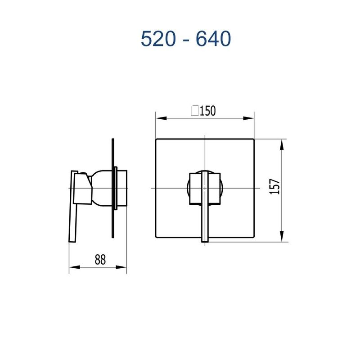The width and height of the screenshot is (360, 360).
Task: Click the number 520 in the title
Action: coord(158,39)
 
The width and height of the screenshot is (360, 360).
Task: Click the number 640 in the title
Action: coord(213,39)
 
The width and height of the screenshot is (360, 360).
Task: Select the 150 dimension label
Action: coord(208,111)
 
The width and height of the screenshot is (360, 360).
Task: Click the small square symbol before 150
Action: coord(195,110)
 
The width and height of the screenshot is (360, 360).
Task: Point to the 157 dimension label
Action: coord(275,186)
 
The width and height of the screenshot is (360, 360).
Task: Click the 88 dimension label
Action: coord(100,260)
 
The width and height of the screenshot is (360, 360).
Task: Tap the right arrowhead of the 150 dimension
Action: coord(248,118)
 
